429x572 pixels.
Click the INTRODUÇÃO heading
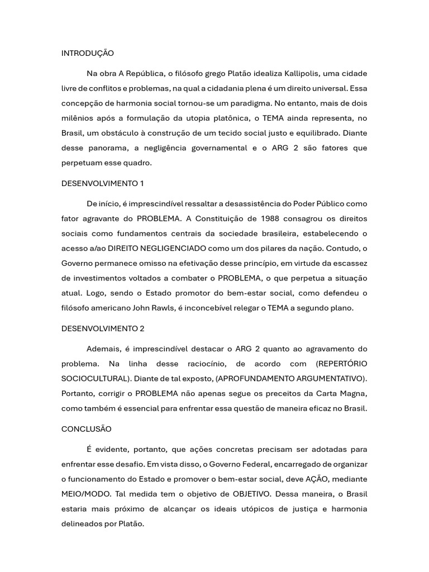click(87, 54)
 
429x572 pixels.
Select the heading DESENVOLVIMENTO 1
click(102, 183)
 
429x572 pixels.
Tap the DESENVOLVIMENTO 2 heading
click(103, 328)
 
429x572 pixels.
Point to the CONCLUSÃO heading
click(86, 429)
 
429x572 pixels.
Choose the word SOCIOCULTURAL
click(96, 379)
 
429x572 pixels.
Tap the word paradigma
click(254, 103)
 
